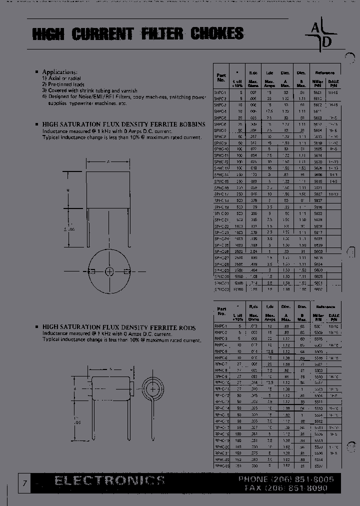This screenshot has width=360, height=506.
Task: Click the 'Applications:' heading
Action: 59,72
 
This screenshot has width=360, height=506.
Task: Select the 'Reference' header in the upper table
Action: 324,72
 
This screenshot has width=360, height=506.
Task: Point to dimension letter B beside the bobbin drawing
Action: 67,190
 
